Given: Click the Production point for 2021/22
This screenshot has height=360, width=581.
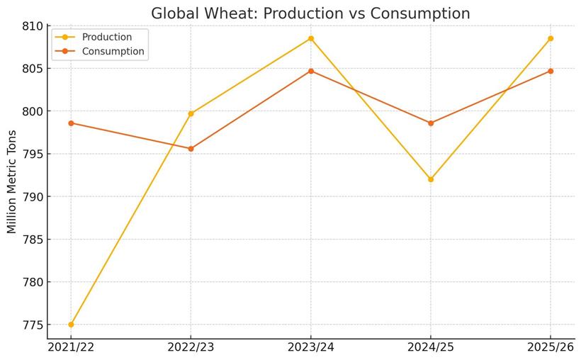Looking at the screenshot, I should click(x=71, y=325).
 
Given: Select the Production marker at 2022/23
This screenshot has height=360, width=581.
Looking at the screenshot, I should click(x=191, y=113).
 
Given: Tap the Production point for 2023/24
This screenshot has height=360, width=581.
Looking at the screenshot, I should click(x=310, y=38).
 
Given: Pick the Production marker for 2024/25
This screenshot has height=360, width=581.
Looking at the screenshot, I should click(x=431, y=179).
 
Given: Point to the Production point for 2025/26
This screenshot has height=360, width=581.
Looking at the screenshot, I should click(x=551, y=38).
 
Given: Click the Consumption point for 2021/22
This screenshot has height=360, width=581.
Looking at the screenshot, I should click(x=71, y=123).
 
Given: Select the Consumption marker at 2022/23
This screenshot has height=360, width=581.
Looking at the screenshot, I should click(x=191, y=149).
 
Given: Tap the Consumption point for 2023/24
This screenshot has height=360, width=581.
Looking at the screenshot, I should click(x=310, y=71).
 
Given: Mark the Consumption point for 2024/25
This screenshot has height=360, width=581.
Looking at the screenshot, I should click(x=431, y=123).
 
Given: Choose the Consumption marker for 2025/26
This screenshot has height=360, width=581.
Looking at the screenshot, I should click(x=551, y=71).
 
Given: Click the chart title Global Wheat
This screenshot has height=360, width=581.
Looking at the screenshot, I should click(x=310, y=13).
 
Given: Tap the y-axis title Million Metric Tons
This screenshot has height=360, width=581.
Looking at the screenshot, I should click(x=12, y=182).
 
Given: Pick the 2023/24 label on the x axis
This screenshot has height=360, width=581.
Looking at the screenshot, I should click(x=310, y=347).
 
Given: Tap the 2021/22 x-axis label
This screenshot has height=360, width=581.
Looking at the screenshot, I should click(x=71, y=347).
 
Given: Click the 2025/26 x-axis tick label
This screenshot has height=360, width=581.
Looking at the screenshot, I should click(x=551, y=347).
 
